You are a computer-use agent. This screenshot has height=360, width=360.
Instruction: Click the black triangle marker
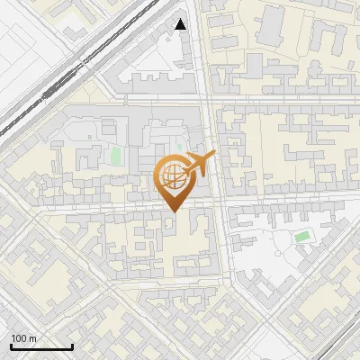[x=181, y=24]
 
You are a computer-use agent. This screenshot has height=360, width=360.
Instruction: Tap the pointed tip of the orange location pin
[x=171, y=211]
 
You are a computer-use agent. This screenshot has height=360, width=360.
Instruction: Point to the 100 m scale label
[x=23, y=338]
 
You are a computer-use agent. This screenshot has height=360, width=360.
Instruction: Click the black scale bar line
[x=41, y=346]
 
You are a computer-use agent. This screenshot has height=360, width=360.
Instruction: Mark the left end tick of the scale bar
[x=11, y=345]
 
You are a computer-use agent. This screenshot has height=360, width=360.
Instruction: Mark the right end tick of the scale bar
[x=72, y=345]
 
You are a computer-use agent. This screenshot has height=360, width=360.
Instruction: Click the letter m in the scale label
[x=32, y=338]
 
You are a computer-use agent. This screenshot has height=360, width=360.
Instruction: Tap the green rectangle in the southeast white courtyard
[x=302, y=237]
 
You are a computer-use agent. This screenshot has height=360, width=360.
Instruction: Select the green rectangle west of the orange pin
[x=115, y=155]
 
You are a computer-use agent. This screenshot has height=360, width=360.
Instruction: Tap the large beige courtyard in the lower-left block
[x=54, y=270]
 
